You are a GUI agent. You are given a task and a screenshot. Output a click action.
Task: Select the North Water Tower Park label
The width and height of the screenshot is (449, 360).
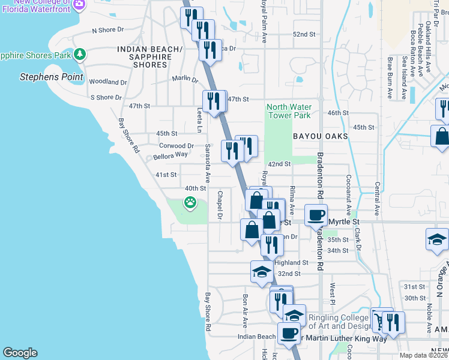click(289, 111)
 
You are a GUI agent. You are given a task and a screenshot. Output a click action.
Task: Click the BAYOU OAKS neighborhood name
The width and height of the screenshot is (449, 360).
click(320, 137)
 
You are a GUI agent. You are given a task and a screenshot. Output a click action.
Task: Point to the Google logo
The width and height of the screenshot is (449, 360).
click(20, 353)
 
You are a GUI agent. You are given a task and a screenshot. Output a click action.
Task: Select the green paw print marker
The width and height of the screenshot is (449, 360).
click(190, 203)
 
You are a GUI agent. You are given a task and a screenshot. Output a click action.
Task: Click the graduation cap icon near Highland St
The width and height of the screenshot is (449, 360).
click(262, 272)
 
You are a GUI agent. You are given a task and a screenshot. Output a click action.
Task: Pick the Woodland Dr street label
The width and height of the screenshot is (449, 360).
click(107, 82)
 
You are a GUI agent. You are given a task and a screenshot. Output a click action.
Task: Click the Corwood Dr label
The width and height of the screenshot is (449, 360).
click(176, 145)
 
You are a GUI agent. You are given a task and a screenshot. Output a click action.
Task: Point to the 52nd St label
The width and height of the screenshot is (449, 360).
click(304, 34)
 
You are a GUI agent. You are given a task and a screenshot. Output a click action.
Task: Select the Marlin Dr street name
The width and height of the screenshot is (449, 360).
click(184, 79)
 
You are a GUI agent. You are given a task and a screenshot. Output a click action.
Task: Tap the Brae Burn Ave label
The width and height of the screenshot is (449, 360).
click(390, 78)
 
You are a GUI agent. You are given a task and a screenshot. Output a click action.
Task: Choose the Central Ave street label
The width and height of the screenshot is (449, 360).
click(377, 199)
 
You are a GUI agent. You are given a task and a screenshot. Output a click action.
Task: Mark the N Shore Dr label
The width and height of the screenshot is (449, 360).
click(107, 29)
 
